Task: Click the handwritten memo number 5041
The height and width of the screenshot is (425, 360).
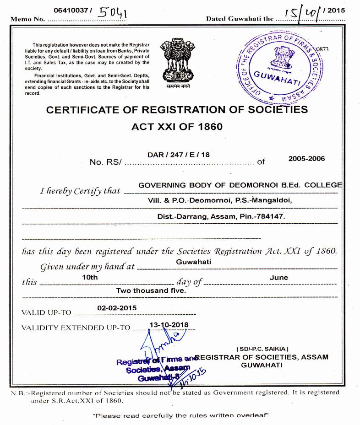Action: pyautogui.click(x=113, y=12)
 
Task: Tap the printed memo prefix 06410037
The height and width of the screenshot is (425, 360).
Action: pyautogui.click(x=69, y=10)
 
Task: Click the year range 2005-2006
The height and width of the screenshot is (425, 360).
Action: pyautogui.click(x=306, y=158)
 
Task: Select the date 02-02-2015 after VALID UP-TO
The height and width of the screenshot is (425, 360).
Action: pyautogui.click(x=117, y=308)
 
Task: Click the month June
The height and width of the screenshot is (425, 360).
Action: pyautogui.click(x=279, y=277)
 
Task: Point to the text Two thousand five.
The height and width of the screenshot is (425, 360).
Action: pyautogui.click(x=151, y=290)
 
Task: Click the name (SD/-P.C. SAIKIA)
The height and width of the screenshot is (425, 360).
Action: pyautogui.click(x=262, y=349)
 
